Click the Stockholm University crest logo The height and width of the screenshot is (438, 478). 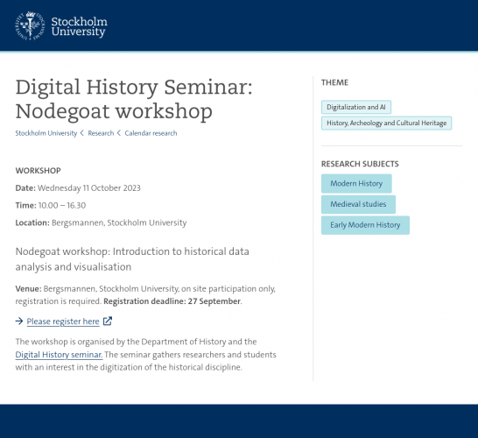(x=30, y=25)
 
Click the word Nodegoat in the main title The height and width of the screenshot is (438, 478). (x=62, y=111)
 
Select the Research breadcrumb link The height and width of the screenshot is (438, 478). (x=101, y=133)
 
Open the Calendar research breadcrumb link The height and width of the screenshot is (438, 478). (x=151, y=133)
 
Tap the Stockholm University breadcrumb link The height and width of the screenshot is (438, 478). (x=46, y=133)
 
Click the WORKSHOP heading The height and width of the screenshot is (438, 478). (x=39, y=171)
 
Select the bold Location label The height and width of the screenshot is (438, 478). (x=32, y=223)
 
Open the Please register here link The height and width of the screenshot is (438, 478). (x=63, y=321)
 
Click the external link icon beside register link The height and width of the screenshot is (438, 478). (x=108, y=321)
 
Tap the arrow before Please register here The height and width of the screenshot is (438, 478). (x=19, y=321)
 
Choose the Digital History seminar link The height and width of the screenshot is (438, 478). (x=60, y=355)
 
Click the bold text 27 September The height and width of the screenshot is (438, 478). (x=214, y=301)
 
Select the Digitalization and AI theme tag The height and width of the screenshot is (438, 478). (x=356, y=107)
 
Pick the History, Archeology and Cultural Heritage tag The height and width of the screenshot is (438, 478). (x=387, y=123)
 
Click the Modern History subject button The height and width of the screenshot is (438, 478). (x=356, y=184)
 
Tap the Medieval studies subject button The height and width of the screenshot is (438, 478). (x=359, y=204)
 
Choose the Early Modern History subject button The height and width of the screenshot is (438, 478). (x=365, y=225)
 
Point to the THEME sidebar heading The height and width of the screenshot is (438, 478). (x=334, y=82)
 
